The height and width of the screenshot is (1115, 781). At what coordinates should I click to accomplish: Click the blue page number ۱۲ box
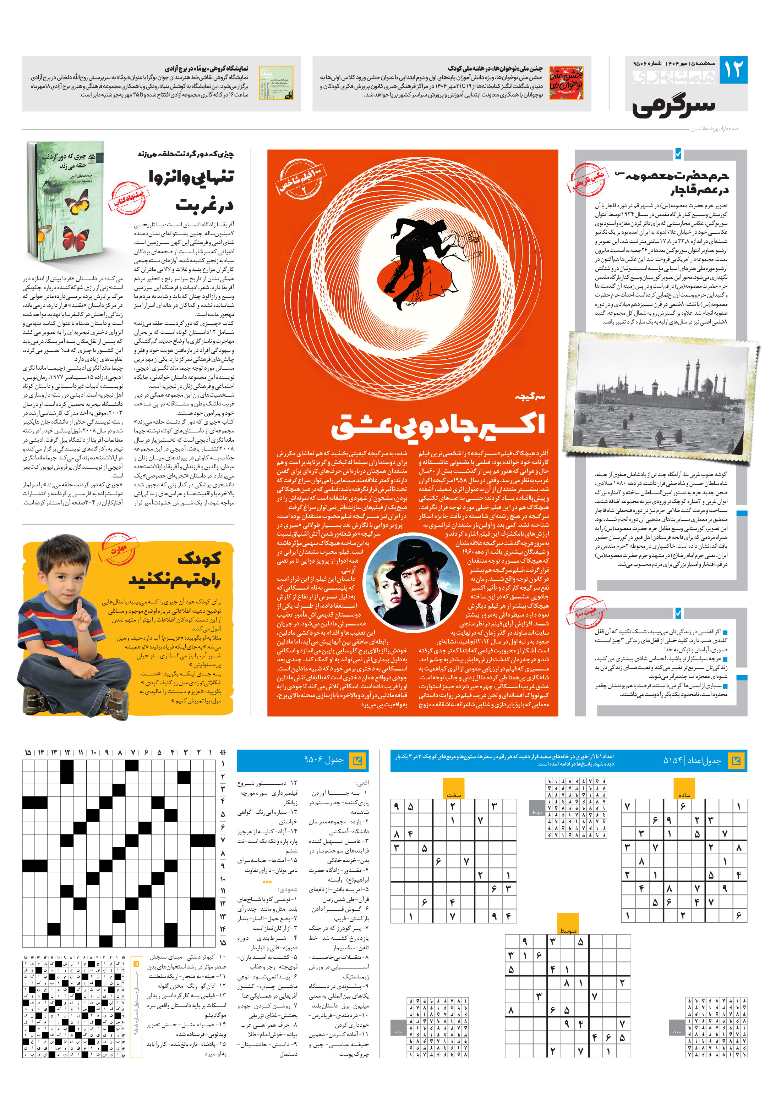[x=733, y=70]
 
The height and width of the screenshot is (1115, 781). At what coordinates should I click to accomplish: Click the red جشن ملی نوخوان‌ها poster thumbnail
[x=566, y=83]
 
